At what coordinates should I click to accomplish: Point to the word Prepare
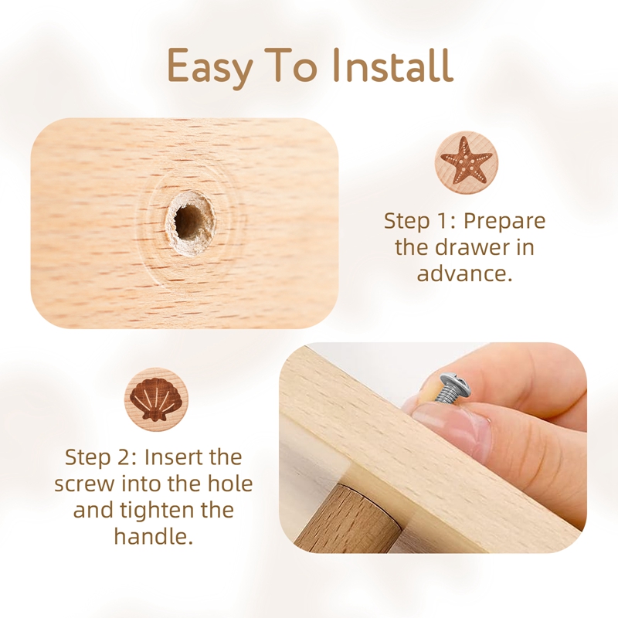coord(504,221)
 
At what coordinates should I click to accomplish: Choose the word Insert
coord(194,457)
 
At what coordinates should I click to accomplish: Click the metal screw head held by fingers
coord(450,382)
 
